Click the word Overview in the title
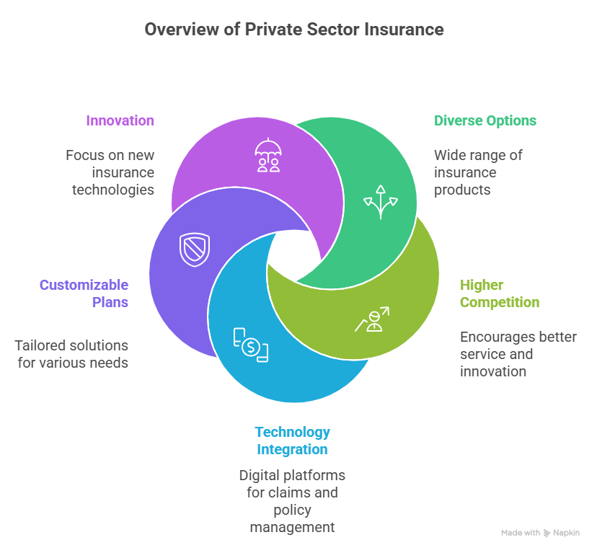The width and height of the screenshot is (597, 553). click(176, 30)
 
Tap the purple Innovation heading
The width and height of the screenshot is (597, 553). click(120, 120)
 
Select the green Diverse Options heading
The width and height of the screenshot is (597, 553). click(485, 120)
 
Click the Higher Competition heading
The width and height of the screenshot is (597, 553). click(499, 293)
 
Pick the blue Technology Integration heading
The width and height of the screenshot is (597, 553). click(292, 441)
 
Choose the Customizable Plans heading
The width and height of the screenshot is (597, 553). click(84, 293)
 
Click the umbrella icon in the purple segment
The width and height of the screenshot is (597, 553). click(267, 156)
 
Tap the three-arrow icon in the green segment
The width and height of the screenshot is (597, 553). click(379, 201)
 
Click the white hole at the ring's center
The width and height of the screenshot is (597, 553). click(293, 256)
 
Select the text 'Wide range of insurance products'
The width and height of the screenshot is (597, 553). click(478, 172)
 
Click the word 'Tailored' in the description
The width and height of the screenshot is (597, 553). click(40, 345)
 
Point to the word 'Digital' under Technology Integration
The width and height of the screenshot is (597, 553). click(260, 475)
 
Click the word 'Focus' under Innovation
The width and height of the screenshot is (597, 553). click(84, 155)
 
